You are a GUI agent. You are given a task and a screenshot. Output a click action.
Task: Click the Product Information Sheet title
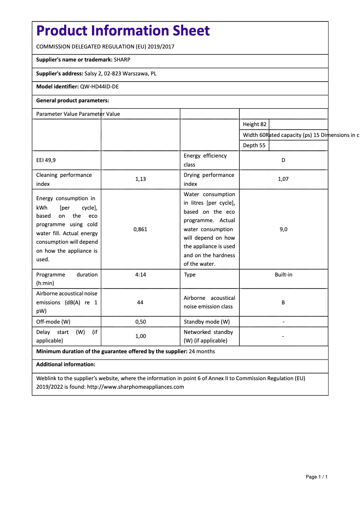[123, 31]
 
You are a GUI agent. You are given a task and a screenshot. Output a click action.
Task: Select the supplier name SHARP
[122, 60]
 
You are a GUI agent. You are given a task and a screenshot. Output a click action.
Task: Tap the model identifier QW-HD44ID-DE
[99, 87]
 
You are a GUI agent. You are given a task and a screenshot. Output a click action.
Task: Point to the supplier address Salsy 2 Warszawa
[120, 74]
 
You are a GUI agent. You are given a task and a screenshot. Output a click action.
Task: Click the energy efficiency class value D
[283, 160]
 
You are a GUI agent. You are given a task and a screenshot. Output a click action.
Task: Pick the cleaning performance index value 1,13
[140, 179]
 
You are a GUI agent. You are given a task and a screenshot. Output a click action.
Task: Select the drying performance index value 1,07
[283, 179]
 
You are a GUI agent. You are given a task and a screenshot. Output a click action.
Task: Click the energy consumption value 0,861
[140, 229]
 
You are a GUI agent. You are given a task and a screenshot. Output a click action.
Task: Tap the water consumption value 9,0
[283, 229]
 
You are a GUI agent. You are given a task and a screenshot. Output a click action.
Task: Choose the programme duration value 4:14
[140, 275]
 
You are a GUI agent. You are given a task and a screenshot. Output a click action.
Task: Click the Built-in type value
[283, 275]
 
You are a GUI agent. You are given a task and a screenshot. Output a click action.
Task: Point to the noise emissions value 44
[140, 303]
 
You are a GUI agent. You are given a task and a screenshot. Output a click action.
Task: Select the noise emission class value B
[283, 303]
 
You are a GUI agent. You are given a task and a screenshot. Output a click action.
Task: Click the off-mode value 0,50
[140, 322]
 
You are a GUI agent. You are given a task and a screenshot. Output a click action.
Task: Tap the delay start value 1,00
[140, 336]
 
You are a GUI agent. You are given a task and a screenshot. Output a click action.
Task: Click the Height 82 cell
[255, 124]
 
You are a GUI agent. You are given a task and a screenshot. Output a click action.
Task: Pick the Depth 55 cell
[254, 145]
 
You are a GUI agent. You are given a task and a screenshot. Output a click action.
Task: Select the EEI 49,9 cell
[46, 160]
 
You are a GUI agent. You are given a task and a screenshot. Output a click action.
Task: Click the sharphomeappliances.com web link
[136, 387]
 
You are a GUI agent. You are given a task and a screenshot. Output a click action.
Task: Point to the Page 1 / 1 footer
[316, 477]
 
